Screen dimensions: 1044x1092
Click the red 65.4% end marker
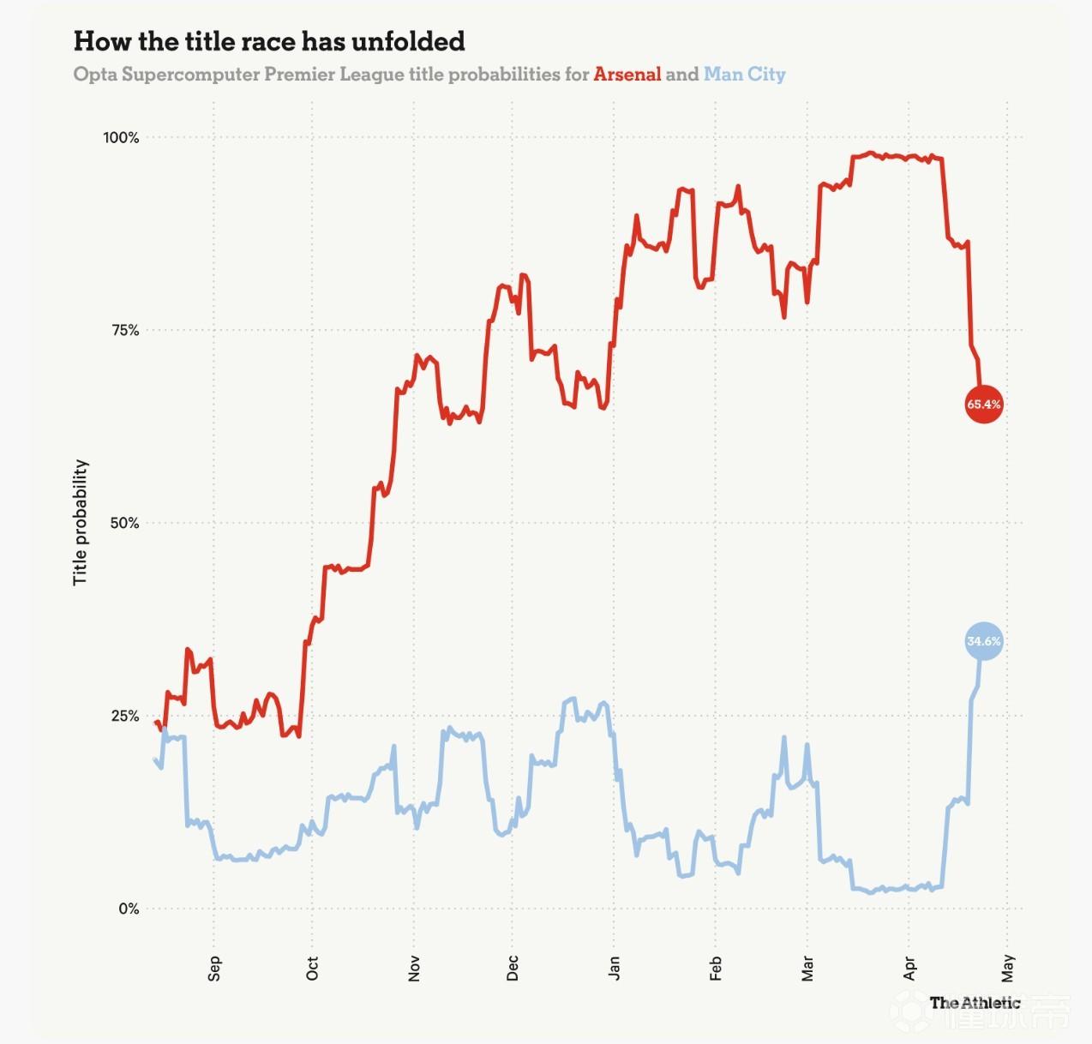tap(983, 404)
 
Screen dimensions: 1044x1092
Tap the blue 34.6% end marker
tap(983, 641)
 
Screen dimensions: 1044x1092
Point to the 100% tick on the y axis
tap(121, 137)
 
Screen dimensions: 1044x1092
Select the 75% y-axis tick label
tap(125, 330)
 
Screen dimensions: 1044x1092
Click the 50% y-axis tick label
tap(125, 523)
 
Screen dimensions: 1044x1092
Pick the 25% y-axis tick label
tap(125, 716)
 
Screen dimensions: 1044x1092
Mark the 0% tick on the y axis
tap(129, 909)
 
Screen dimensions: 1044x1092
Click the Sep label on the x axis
tap(214, 969)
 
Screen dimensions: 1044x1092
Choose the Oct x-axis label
tap(312, 969)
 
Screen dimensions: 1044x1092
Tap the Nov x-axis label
tap(414, 969)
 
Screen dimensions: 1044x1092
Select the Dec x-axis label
tap(513, 969)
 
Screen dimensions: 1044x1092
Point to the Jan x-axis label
tap(614, 969)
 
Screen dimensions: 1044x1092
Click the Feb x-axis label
tap(716, 969)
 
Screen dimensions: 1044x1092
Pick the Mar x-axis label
tap(807, 969)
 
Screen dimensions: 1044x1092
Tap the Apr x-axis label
tap(909, 969)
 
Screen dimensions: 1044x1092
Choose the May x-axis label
tap(1008, 969)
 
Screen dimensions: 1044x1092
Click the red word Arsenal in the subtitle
tap(627, 75)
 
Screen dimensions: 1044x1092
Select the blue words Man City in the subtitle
tap(744, 75)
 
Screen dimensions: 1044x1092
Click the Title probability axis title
tap(81, 522)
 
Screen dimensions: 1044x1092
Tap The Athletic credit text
tap(975, 1003)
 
